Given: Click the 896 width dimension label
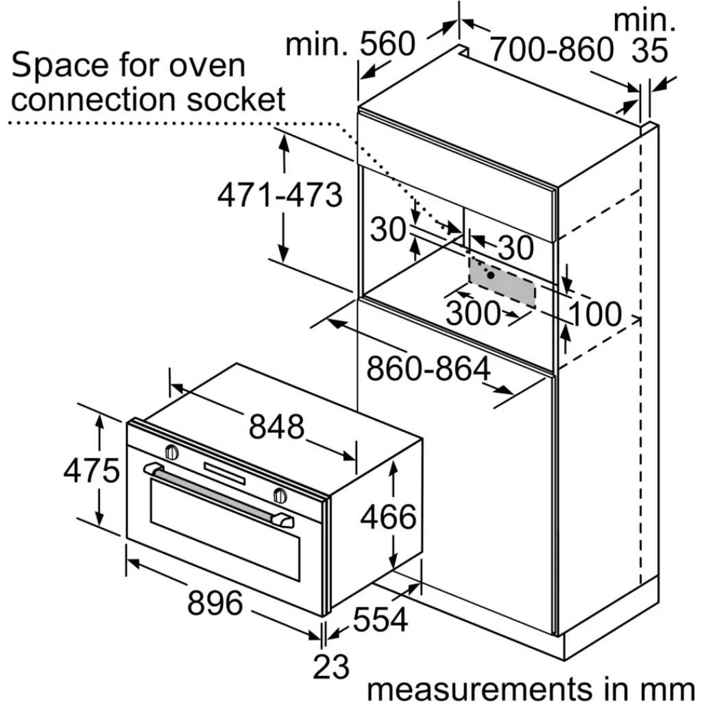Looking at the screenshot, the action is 215,603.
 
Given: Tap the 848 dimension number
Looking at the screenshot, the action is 277,426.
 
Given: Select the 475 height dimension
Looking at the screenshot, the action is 92,470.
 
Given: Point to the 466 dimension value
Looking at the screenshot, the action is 389,517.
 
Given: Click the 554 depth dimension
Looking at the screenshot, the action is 380,619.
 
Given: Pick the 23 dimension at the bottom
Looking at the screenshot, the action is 331,667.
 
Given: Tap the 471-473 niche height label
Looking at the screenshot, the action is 280,195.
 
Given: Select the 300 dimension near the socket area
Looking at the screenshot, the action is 473,313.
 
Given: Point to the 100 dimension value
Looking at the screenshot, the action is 596,314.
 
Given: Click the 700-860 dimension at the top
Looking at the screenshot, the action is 551,49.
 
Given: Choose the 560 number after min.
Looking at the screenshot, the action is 388,44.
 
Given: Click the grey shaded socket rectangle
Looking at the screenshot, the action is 502,282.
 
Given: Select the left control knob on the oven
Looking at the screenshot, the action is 172,452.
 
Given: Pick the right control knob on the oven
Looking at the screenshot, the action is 280,495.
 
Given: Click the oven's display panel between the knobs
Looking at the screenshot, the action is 225,474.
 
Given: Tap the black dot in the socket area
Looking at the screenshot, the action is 491,276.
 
